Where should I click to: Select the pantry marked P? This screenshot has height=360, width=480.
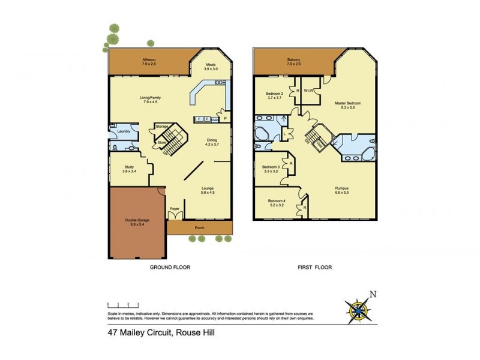[225, 118]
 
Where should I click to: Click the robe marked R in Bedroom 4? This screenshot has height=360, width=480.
[305, 207]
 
